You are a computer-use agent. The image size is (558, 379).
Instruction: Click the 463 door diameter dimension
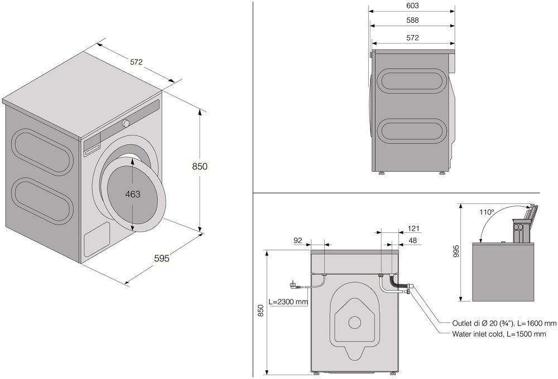click(132, 194)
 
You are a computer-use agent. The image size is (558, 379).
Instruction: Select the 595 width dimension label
click(161, 258)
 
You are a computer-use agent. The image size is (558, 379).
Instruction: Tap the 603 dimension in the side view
click(413, 6)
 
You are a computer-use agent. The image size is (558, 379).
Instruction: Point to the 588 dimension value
click(413, 20)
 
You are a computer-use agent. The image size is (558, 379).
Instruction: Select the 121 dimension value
click(413, 229)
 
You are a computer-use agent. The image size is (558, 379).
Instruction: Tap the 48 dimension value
click(413, 241)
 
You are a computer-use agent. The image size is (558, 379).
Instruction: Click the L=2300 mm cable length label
click(288, 302)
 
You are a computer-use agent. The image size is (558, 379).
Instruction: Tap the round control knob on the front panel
click(127, 123)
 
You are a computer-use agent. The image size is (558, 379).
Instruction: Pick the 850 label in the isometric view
click(200, 166)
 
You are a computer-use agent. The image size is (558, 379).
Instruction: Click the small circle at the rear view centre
click(353, 322)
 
